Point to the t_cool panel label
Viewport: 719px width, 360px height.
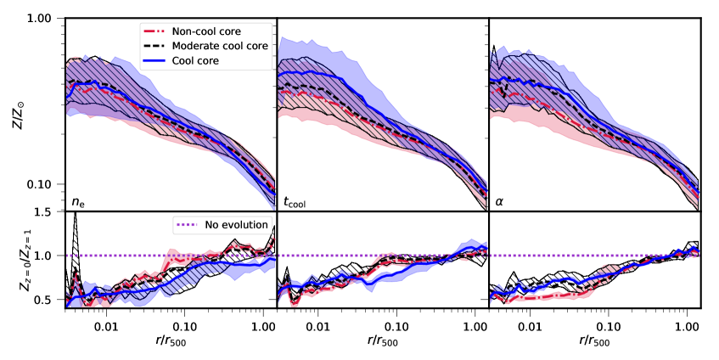tap(295, 201)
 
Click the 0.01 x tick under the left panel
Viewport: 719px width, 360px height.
tap(106, 323)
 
